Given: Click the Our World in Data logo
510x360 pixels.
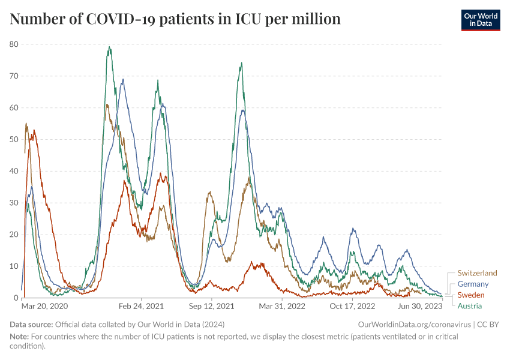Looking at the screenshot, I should click(x=480, y=20).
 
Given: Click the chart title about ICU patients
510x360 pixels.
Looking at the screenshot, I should click(x=175, y=19).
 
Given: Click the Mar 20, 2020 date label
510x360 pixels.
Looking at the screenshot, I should click(x=45, y=306).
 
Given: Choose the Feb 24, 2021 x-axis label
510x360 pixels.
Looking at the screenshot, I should click(x=142, y=306).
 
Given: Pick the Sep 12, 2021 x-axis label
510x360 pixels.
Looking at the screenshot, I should click(x=212, y=306).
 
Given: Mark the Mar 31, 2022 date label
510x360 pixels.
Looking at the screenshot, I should click(x=281, y=306).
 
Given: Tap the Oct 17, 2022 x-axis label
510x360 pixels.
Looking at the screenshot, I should click(x=352, y=306).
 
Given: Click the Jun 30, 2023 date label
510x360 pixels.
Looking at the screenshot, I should click(x=420, y=306).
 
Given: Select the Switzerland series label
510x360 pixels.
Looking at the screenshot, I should click(x=477, y=273).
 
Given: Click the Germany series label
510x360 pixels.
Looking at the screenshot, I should click(x=473, y=284).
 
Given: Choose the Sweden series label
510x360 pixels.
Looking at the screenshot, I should click(x=471, y=295).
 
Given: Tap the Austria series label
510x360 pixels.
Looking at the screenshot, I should click(x=469, y=306).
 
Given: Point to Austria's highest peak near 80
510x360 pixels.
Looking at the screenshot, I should click(x=109, y=47).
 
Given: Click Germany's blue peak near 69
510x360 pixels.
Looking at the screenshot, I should click(x=123, y=79).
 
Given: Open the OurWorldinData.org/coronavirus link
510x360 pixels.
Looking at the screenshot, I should click(x=414, y=324).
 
